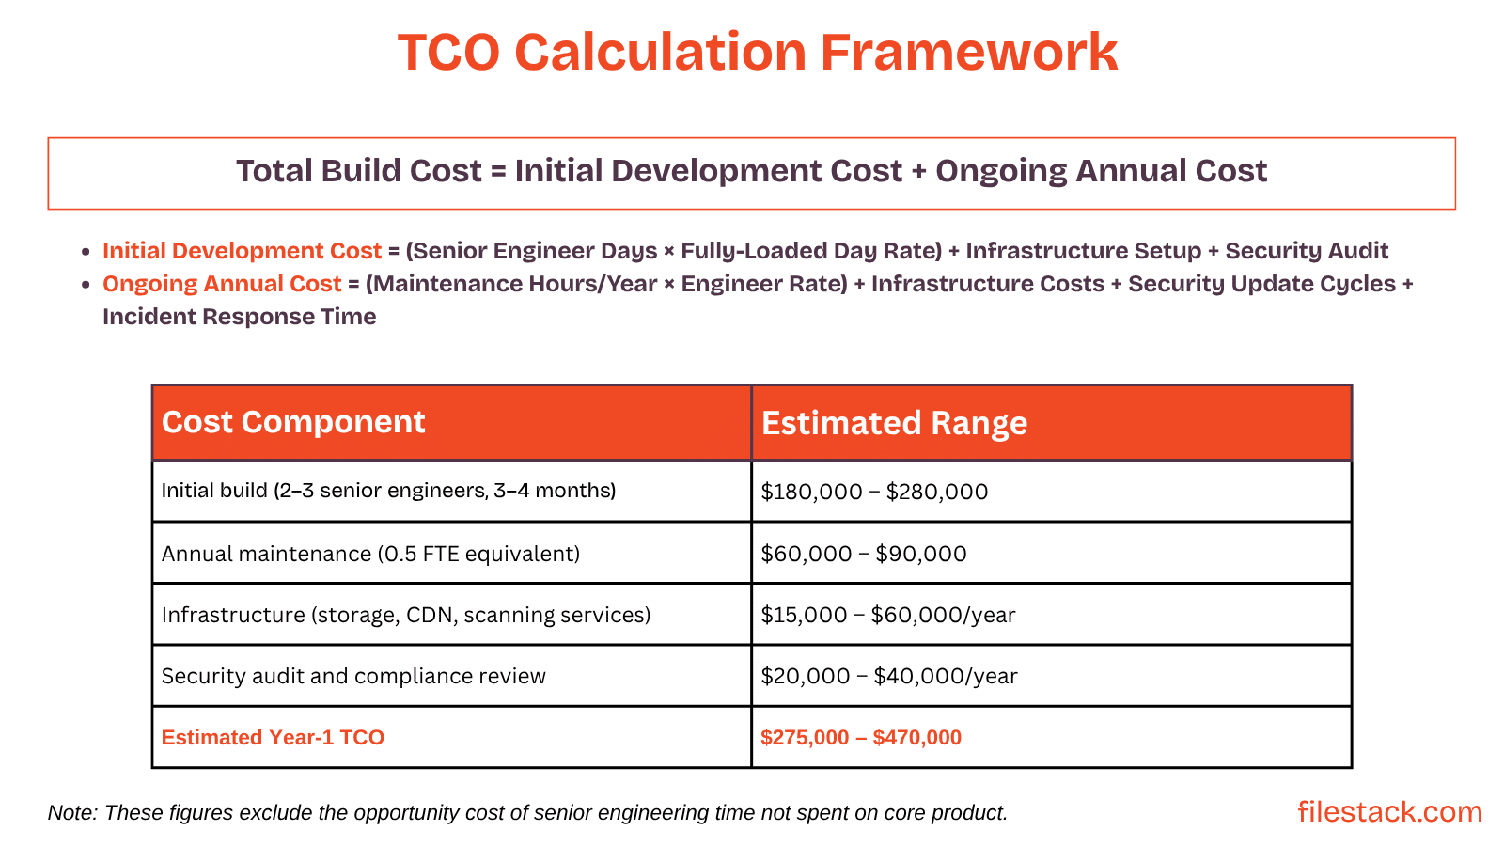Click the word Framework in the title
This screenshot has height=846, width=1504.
click(968, 53)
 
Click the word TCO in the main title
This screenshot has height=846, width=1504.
click(448, 53)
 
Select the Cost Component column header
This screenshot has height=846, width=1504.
click(293, 422)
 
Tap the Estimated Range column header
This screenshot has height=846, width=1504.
click(894, 423)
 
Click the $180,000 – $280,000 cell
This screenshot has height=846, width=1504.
click(874, 492)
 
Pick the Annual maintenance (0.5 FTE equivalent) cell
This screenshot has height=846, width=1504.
click(370, 554)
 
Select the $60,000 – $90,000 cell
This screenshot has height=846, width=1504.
click(863, 554)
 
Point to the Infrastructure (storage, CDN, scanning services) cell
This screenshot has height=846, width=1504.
click(406, 615)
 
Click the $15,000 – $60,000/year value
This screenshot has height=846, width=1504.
click(887, 616)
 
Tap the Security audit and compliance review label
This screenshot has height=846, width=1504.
click(353, 676)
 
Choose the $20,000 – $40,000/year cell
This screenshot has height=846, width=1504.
click(888, 677)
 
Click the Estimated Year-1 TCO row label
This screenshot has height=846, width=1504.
click(273, 737)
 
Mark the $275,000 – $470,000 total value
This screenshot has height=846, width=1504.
click(861, 738)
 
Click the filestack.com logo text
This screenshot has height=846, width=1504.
click(1389, 811)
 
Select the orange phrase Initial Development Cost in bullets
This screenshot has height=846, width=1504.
click(242, 251)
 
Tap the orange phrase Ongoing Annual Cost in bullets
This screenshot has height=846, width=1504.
click(222, 284)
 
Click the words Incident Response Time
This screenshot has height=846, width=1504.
click(239, 317)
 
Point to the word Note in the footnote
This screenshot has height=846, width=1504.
click(70, 813)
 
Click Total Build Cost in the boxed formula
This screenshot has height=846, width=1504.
click(358, 171)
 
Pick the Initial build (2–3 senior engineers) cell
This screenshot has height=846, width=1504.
click(388, 491)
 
